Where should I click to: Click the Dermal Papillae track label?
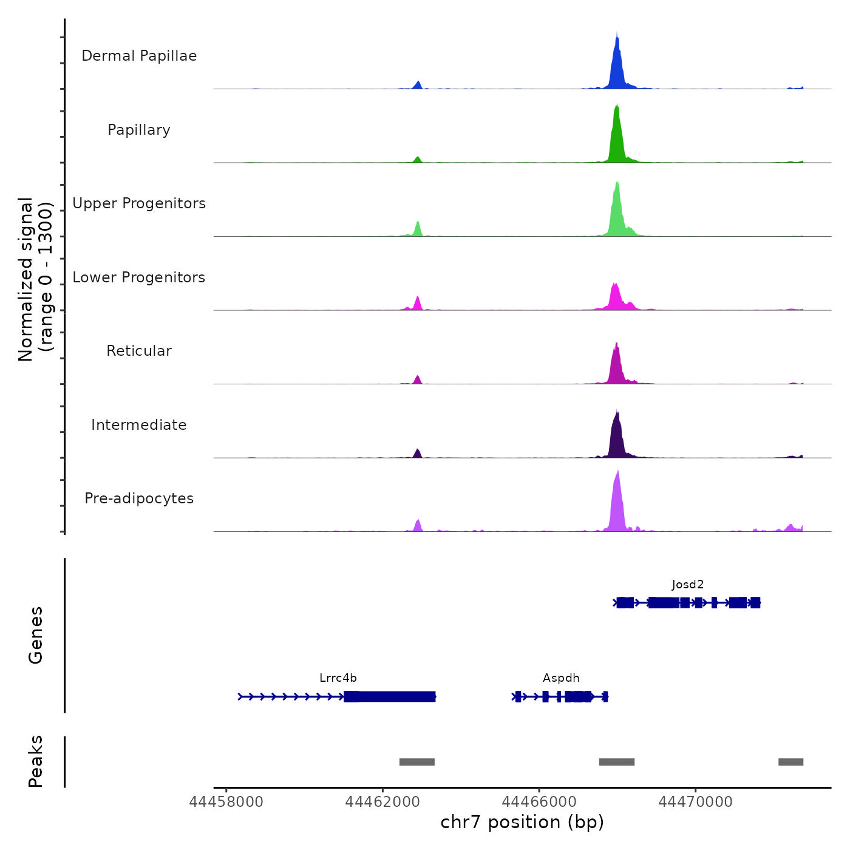139,56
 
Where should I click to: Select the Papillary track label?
139,130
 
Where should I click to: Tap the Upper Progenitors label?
139,203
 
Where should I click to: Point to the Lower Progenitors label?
139,277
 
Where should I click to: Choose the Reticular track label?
139,351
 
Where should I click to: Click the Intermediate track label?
139,425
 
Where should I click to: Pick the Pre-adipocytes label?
139,498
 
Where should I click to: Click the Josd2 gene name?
688,585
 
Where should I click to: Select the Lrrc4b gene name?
338,678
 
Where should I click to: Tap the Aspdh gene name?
561,678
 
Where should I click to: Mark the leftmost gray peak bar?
417,762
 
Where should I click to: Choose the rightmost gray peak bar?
790,762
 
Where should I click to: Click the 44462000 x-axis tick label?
382,802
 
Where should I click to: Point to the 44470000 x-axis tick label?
696,802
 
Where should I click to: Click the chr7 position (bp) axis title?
522,822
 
